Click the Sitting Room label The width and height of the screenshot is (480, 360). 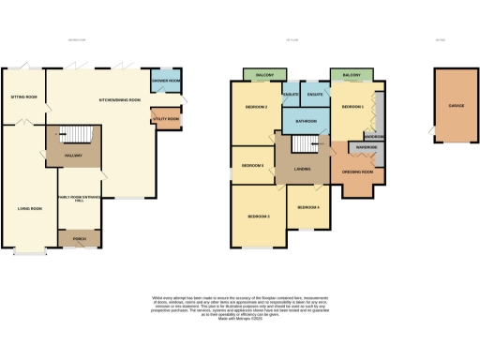coord(24,97)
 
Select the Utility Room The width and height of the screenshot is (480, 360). coord(166,119)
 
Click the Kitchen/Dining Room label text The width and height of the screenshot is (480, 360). coord(120,99)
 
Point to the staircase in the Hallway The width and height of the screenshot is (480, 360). coord(72,136)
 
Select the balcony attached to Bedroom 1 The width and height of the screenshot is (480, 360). coord(352,74)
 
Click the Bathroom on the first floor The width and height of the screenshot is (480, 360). coord(306,121)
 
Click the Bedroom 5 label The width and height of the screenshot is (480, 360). coord(252,165)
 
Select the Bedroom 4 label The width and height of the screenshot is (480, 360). coord(308,206)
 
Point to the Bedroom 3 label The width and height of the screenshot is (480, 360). coord(259,217)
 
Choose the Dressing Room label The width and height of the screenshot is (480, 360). coord(361,172)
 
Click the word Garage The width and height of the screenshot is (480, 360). coord(457,106)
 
